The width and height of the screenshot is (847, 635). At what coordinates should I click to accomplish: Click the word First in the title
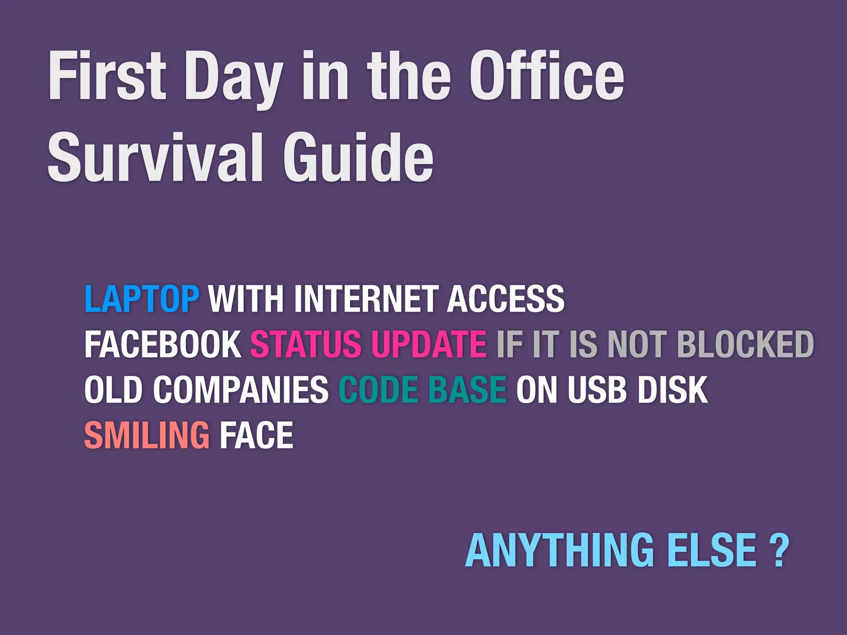coord(107,76)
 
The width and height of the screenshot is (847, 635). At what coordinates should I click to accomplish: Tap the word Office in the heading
coord(546,76)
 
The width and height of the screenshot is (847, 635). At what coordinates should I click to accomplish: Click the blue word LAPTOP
coord(142,298)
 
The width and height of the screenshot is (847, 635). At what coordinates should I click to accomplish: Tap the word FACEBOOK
coord(163,344)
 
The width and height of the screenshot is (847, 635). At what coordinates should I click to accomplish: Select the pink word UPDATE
coord(428,344)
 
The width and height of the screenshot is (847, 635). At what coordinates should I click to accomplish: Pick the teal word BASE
coord(467,389)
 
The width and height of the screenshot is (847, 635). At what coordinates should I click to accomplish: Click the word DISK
coord(673,389)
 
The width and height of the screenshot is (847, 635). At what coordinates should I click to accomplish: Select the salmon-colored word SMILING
coord(147,435)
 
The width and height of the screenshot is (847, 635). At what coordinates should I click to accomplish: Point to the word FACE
coord(256,435)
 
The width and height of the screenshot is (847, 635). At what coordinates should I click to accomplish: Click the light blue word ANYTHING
coord(559,551)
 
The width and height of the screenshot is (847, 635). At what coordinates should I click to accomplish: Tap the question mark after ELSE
coord(779,551)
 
